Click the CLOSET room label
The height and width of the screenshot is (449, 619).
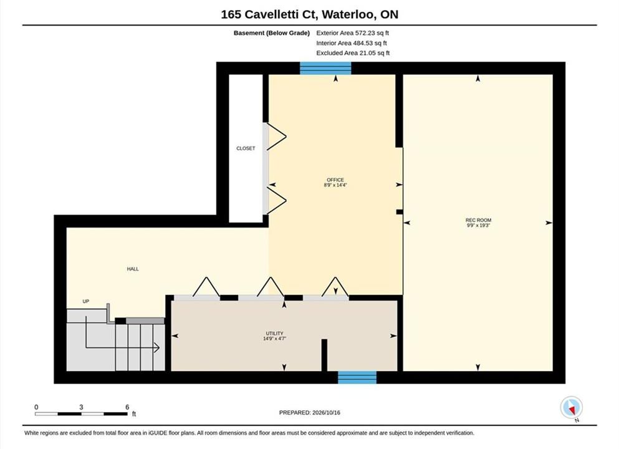point(246,148)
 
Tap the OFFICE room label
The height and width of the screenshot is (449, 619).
point(335,180)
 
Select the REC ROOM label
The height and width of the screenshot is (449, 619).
point(478,220)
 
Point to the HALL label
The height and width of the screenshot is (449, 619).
point(133,269)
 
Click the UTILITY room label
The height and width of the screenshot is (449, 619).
point(274,333)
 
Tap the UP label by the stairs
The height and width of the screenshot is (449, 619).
point(85,301)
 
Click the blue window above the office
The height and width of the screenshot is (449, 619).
point(325,69)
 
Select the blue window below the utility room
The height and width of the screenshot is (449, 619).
point(357,377)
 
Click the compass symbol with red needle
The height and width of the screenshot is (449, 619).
point(571,407)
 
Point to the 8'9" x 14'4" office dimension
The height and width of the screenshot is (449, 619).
point(335,185)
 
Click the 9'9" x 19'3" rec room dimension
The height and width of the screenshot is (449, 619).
point(478,226)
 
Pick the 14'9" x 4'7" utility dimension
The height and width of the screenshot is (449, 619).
point(274,339)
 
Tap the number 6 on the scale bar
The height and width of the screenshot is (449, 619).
point(127,407)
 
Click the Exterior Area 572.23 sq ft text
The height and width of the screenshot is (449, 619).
point(353,33)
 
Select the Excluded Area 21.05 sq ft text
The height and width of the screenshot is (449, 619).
point(353,53)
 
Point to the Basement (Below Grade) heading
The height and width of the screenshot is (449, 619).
point(272,33)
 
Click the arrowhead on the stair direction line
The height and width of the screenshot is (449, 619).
point(156,348)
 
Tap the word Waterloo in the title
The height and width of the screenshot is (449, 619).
point(348,14)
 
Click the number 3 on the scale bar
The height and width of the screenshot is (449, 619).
point(81,407)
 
